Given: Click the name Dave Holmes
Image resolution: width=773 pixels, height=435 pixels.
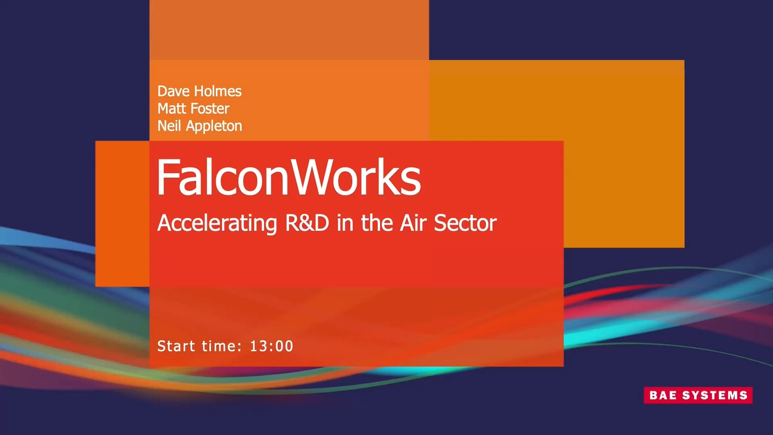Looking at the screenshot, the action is click(199, 91).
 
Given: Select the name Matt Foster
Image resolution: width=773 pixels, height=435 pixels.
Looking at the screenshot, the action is click(193, 108).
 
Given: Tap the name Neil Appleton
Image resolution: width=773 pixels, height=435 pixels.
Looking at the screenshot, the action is click(199, 126).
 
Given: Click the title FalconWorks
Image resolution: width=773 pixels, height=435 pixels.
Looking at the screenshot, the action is click(289, 178).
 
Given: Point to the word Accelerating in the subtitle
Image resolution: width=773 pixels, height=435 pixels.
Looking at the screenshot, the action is click(217, 224).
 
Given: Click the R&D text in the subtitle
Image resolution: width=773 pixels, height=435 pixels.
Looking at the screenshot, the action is click(307, 223).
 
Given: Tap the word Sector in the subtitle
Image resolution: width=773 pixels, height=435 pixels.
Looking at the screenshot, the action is click(466, 223).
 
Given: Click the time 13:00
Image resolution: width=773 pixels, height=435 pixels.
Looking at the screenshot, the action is click(272, 346).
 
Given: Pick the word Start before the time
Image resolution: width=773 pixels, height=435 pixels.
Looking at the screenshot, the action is click(176, 346).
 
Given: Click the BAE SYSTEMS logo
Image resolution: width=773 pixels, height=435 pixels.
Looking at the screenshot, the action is click(698, 395).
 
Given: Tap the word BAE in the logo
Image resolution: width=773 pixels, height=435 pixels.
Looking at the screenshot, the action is click(664, 395).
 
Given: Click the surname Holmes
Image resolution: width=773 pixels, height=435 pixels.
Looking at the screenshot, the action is click(218, 91).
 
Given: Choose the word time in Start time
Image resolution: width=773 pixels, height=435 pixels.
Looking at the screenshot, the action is click(221, 346).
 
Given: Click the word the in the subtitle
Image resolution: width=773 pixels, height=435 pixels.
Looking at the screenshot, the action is click(377, 223).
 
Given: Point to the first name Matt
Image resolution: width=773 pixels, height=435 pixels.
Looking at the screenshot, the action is click(172, 108).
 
